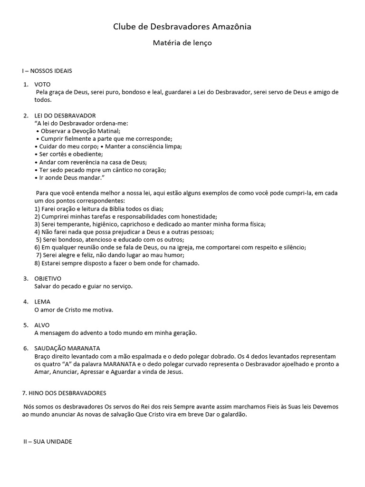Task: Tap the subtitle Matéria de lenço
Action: click(x=182, y=43)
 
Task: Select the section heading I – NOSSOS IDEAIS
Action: click(x=47, y=71)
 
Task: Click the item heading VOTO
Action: click(x=42, y=84)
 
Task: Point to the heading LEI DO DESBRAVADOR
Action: click(x=65, y=116)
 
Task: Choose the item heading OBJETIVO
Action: click(x=48, y=278)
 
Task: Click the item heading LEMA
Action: click(x=42, y=302)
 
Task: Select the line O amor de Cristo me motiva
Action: click(x=74, y=310)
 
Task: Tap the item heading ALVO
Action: click(x=42, y=325)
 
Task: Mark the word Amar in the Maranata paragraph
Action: click(x=42, y=372)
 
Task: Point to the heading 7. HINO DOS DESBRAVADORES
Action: click(x=64, y=393)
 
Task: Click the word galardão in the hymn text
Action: click(x=232, y=414)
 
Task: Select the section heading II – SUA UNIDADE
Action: click(x=48, y=441)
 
